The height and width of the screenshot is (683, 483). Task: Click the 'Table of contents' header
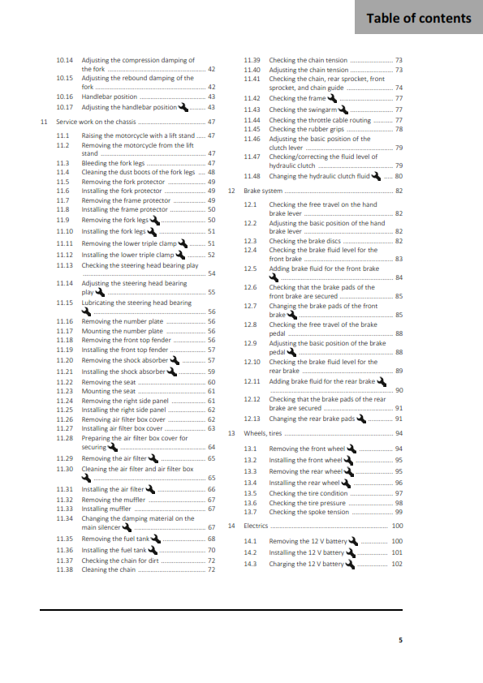click(x=419, y=18)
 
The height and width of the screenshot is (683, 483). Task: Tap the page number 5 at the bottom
click(x=399, y=640)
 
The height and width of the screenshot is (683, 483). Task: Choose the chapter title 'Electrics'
click(x=256, y=526)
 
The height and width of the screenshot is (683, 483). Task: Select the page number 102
click(x=396, y=564)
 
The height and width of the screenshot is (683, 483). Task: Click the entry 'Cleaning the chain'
click(x=109, y=570)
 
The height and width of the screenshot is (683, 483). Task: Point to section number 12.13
click(x=252, y=419)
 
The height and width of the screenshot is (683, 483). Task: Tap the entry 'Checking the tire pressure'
click(x=308, y=503)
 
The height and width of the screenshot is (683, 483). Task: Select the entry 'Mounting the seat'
click(x=109, y=391)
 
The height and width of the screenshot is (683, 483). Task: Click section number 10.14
click(x=65, y=60)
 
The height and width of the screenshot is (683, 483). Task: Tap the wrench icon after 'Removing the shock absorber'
click(x=175, y=359)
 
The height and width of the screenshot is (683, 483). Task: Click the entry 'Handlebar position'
click(x=110, y=97)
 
